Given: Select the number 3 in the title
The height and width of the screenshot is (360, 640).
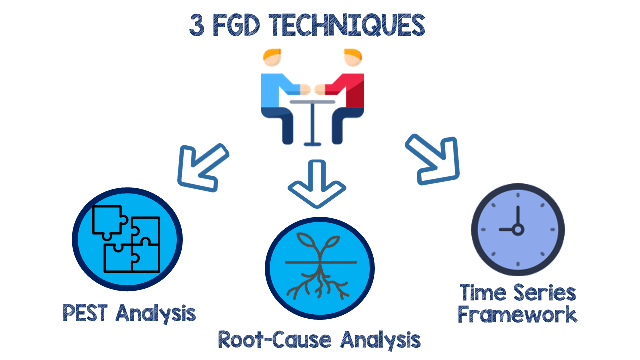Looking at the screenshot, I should coord(197,26).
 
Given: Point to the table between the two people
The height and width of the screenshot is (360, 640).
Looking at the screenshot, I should coord(313,120).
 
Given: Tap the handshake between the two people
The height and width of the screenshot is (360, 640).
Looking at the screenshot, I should coord(313,90).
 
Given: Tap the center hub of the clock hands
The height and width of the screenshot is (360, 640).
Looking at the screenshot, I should coord(518,230).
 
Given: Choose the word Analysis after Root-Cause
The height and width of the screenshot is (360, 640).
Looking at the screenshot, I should coord(380,340).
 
